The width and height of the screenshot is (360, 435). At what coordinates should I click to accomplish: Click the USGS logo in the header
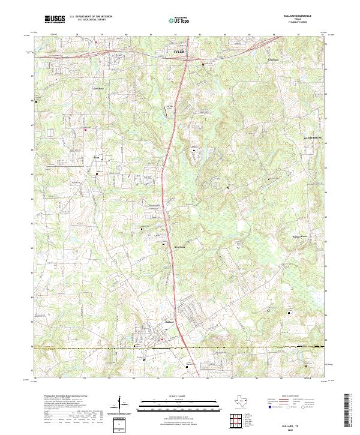[55, 20]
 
